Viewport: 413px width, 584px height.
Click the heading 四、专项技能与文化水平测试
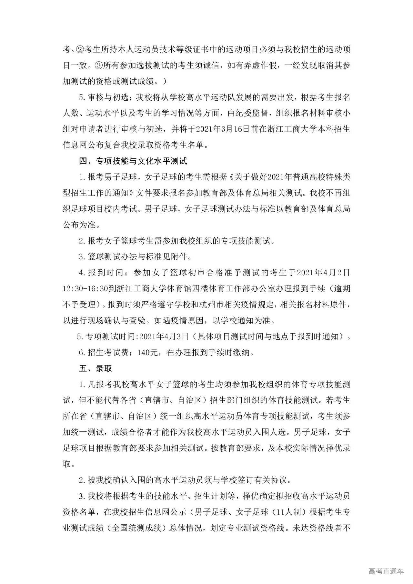pos(133,161)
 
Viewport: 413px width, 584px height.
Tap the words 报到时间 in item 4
pos(104,273)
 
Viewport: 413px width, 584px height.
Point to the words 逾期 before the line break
pos(342,289)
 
